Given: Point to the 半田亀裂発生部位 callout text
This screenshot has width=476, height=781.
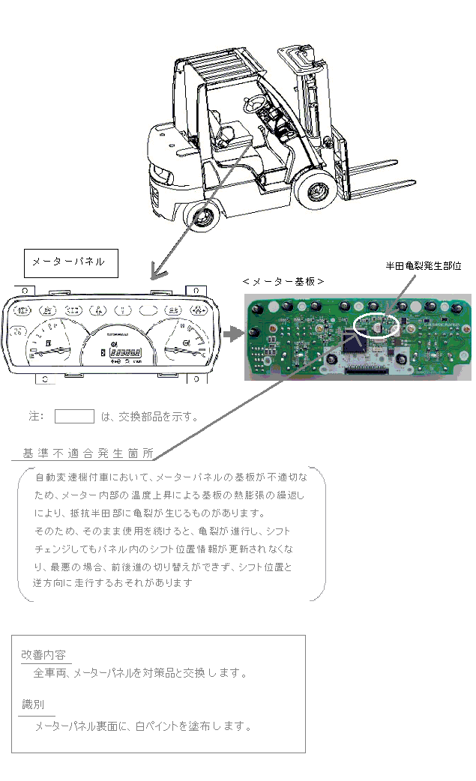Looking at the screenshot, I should click(423, 265).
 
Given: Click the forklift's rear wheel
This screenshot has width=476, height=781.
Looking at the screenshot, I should click(202, 218).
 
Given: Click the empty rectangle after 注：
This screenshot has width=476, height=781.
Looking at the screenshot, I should click(74, 417).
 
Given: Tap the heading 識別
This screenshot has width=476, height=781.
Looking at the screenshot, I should click(34, 705).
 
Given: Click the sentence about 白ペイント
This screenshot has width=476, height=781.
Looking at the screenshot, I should click(142, 726).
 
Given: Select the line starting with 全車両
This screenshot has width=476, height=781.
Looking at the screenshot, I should click(139, 673).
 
